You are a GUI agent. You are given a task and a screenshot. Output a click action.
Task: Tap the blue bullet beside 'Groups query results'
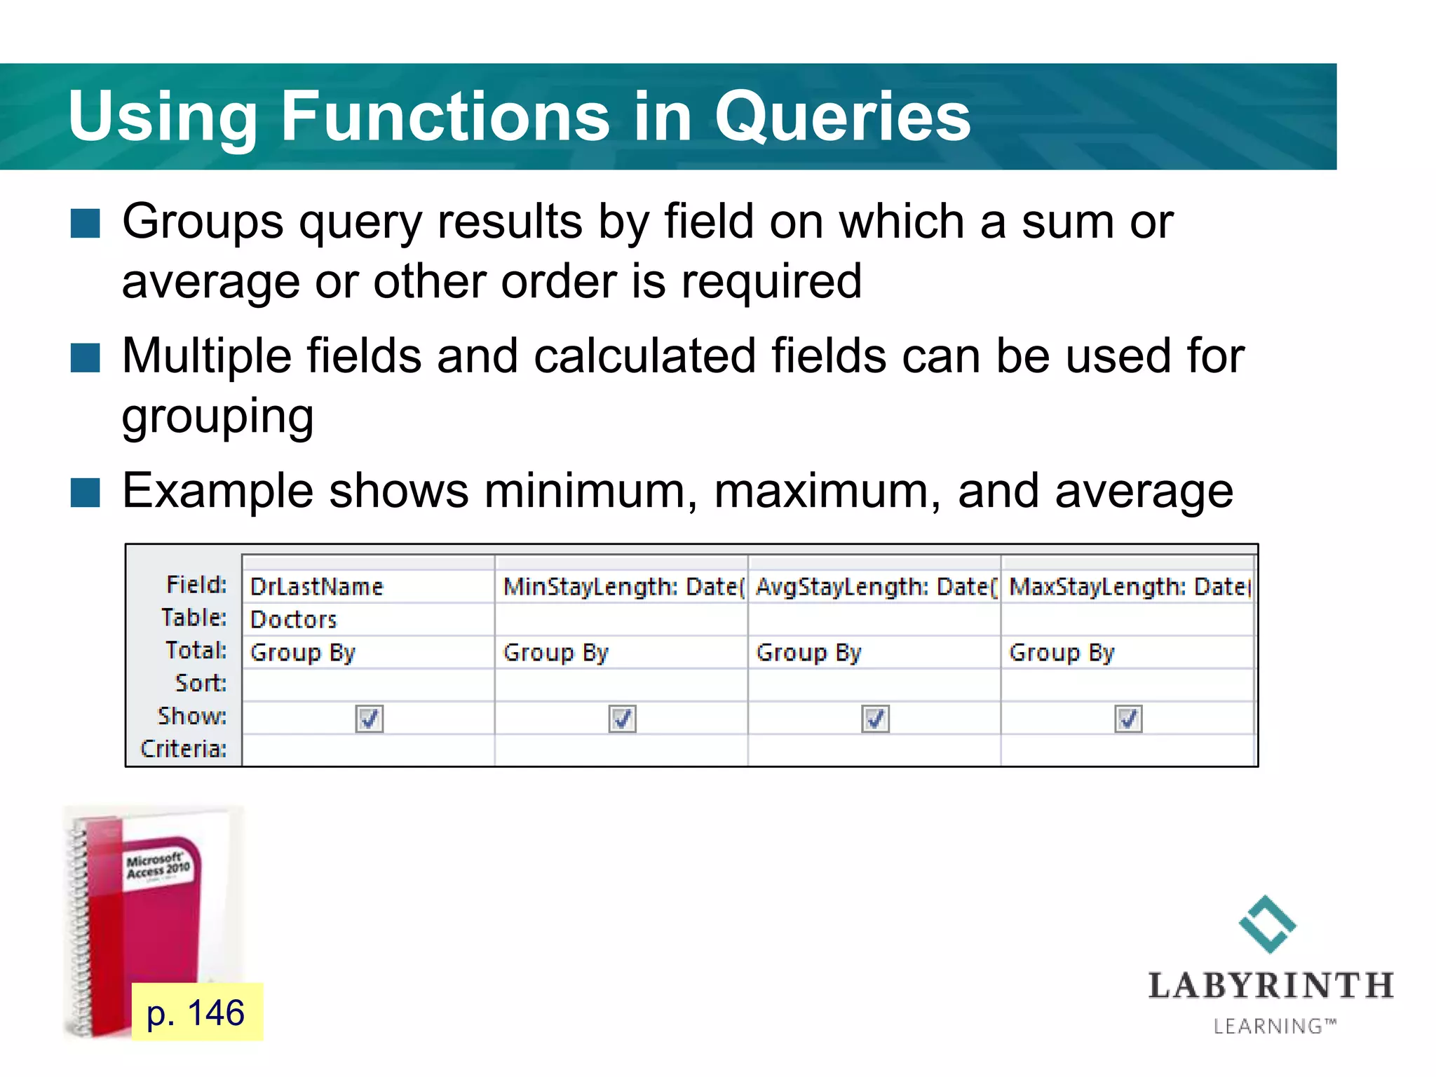tap(86, 224)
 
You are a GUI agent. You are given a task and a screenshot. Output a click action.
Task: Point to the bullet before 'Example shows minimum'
tap(86, 492)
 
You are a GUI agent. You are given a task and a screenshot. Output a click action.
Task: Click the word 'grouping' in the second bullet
tap(217, 416)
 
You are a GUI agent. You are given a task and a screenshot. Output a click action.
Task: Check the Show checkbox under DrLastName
tap(369, 719)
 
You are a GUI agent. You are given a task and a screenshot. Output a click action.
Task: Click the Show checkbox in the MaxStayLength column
tap(1127, 719)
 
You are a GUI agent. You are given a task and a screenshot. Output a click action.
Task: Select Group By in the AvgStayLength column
tap(808, 653)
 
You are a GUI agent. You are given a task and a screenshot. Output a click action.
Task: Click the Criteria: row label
tap(184, 749)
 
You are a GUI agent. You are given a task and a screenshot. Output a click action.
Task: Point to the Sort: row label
tap(201, 683)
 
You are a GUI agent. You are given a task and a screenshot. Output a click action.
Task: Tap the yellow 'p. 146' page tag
tap(196, 1012)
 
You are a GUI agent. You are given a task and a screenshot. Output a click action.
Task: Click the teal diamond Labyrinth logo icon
tap(1267, 924)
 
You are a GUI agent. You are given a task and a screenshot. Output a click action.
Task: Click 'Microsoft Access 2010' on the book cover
tap(158, 866)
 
